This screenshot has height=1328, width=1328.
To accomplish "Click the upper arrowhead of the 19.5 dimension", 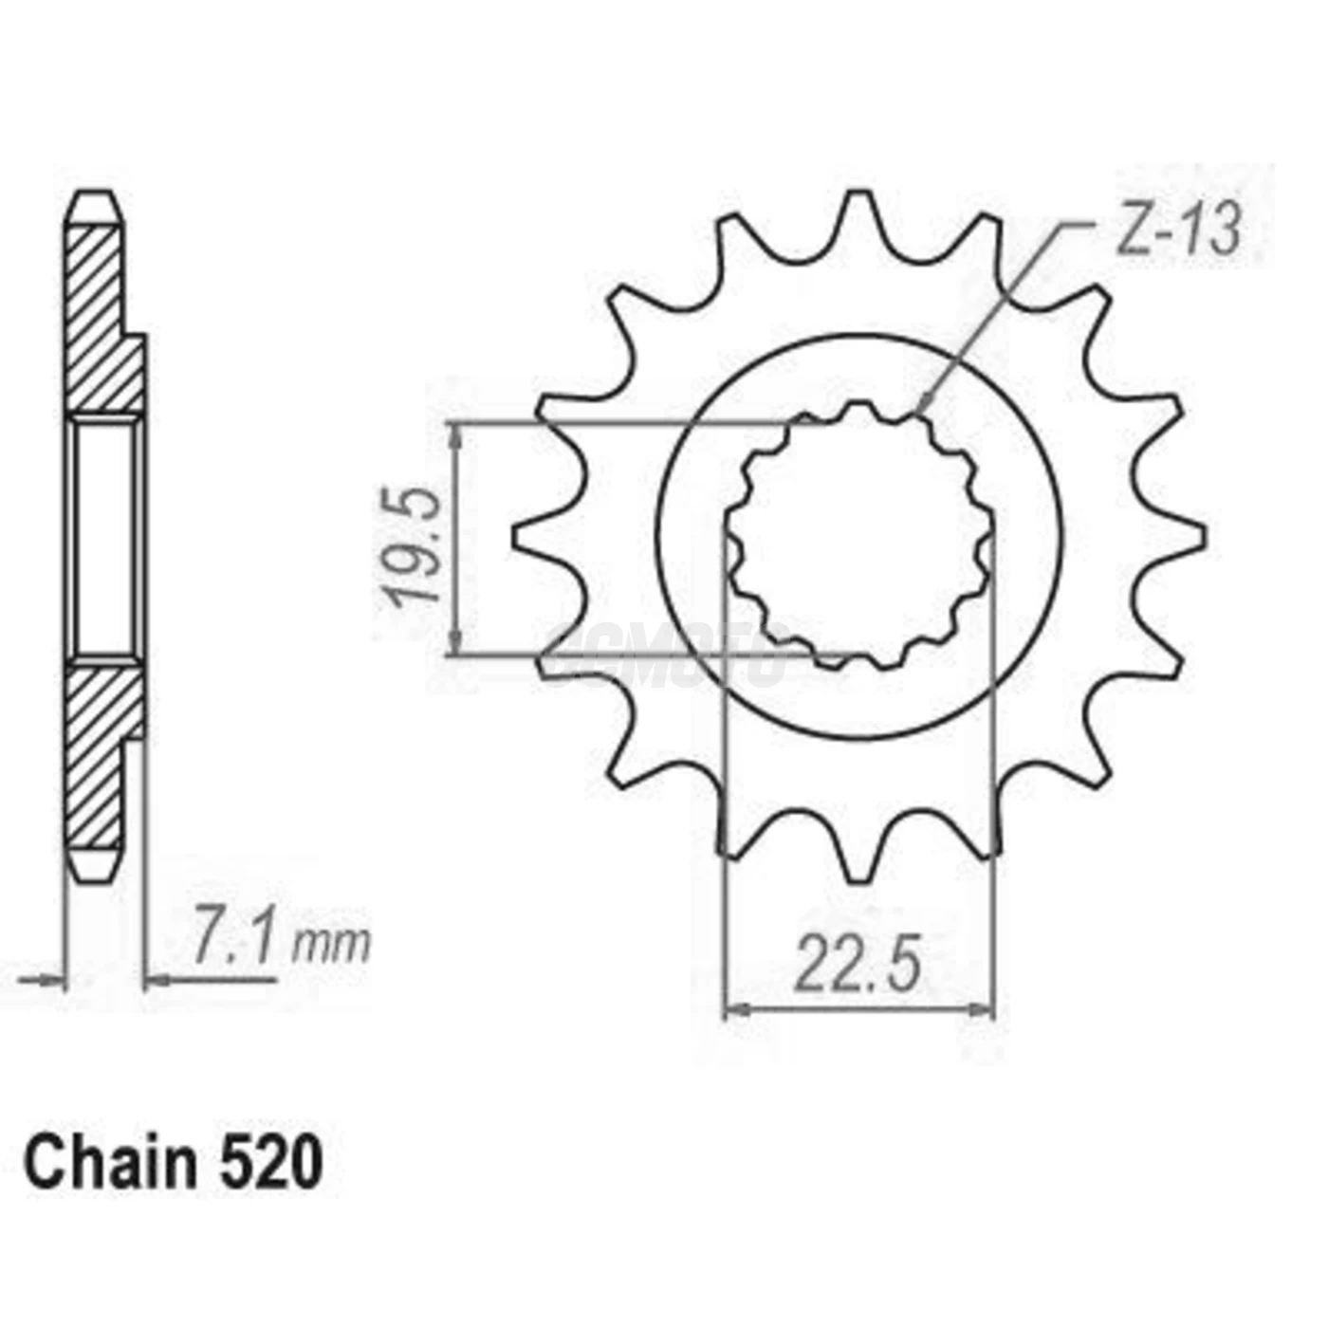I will [x=457, y=433].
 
